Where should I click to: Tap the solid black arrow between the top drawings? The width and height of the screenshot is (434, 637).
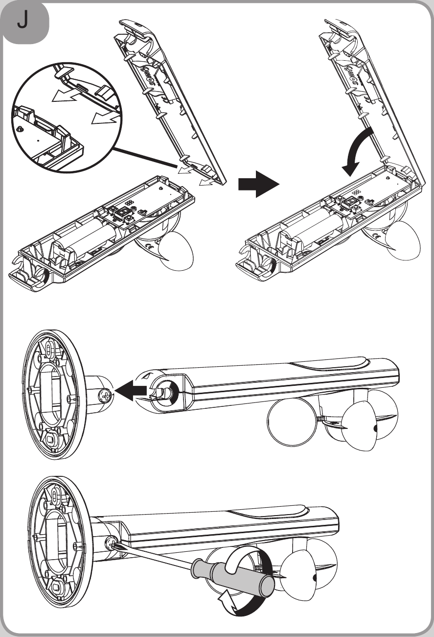click(258, 184)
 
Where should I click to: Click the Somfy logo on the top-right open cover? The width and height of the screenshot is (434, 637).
click(358, 73)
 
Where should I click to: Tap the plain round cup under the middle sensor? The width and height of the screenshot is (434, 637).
click(292, 421)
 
